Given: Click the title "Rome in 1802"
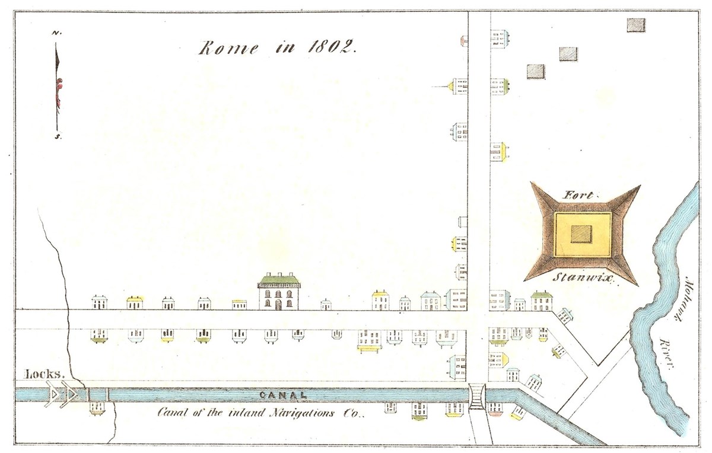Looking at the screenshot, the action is click(x=276, y=48).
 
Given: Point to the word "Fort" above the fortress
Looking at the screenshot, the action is click(x=574, y=194).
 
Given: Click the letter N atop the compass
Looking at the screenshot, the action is click(x=56, y=33).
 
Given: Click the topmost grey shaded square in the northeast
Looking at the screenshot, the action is click(x=636, y=25).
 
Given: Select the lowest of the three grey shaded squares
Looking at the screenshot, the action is click(x=536, y=71).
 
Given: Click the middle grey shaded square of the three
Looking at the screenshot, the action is click(x=568, y=54).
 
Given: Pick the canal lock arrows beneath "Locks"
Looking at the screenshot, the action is click(x=62, y=395).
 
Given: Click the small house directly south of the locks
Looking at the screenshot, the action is click(x=97, y=407).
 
